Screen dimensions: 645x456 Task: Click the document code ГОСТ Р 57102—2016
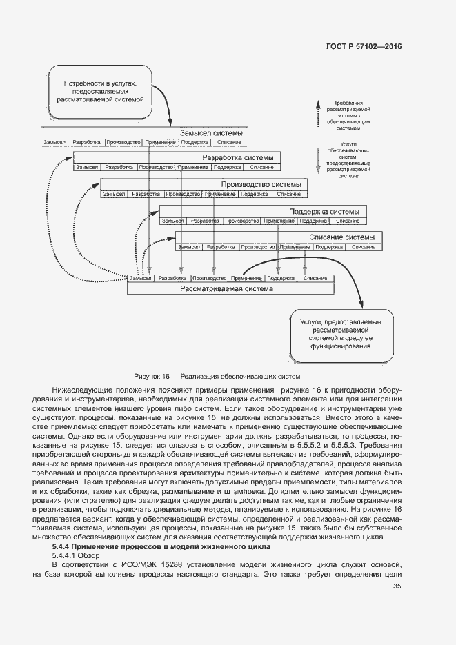point(364,46)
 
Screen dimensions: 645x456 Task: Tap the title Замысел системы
point(210,133)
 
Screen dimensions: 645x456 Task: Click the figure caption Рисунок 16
point(218,377)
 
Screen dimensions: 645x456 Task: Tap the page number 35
point(397,586)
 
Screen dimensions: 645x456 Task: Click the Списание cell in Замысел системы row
point(229,142)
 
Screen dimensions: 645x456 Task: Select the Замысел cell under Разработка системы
point(87,167)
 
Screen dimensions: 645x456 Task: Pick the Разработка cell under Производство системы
point(146,194)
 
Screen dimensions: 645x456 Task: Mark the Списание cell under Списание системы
point(363,246)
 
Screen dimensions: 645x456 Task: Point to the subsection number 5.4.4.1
point(66,555)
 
